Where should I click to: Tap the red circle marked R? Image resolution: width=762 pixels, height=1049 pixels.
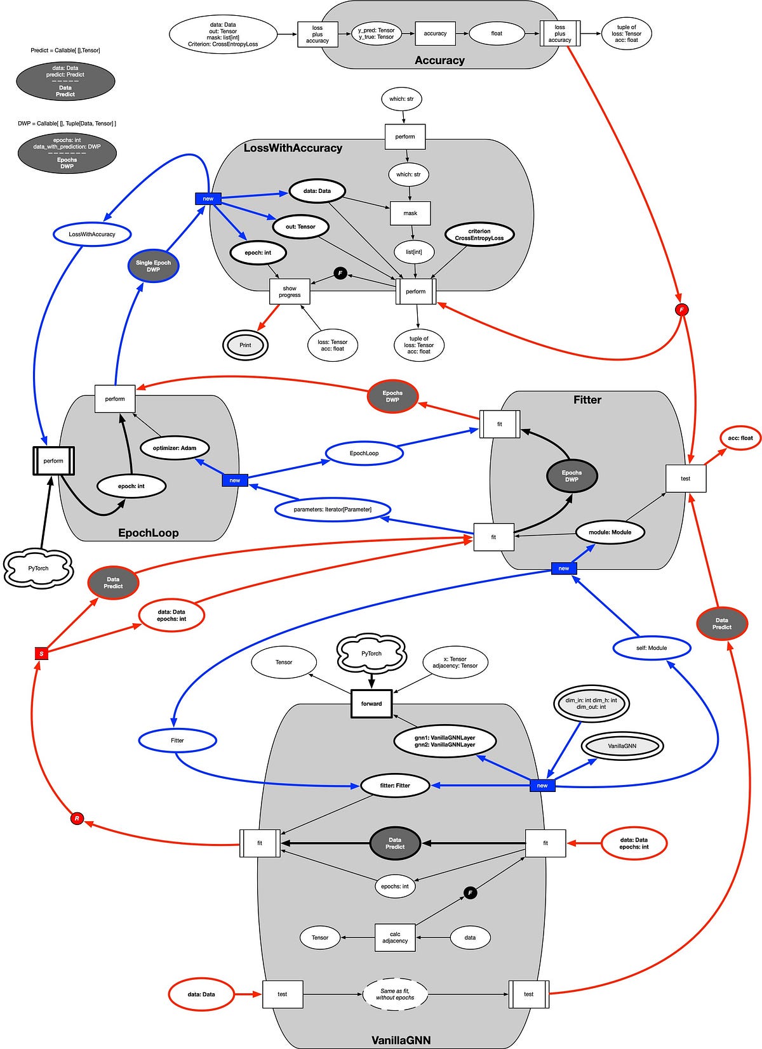click(x=77, y=819)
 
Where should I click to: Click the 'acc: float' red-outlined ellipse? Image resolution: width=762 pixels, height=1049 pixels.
click(x=740, y=438)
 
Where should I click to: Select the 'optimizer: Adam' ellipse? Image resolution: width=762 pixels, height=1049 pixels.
click(x=175, y=448)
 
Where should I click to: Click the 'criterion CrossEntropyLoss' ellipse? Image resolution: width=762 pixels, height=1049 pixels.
click(x=479, y=235)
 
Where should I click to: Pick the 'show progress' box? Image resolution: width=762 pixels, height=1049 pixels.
click(x=290, y=292)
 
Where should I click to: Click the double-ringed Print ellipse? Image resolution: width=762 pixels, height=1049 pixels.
click(x=245, y=345)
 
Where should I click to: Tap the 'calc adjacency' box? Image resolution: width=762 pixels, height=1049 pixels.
click(x=395, y=937)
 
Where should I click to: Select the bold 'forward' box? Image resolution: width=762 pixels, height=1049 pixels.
click(x=371, y=703)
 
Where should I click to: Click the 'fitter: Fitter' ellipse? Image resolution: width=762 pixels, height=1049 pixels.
click(x=395, y=786)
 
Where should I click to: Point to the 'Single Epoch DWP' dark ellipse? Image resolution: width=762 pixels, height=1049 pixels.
click(x=153, y=266)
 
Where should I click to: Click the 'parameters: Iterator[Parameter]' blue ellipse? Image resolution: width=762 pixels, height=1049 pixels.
click(x=333, y=510)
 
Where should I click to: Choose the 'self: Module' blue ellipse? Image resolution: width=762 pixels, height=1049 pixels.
click(x=652, y=648)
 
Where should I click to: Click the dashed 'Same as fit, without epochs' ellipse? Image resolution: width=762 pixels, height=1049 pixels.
click(x=395, y=994)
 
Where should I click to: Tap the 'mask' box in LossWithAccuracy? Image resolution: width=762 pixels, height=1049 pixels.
click(x=410, y=213)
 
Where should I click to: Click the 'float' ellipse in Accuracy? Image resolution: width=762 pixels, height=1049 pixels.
click(x=497, y=34)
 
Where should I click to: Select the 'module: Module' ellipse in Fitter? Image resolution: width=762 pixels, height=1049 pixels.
click(x=610, y=532)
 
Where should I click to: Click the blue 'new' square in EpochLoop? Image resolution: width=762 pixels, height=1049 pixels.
click(x=235, y=480)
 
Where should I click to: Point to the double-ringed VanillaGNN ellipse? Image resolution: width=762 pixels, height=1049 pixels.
click(x=622, y=746)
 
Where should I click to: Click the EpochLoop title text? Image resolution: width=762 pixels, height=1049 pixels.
click(x=149, y=533)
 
